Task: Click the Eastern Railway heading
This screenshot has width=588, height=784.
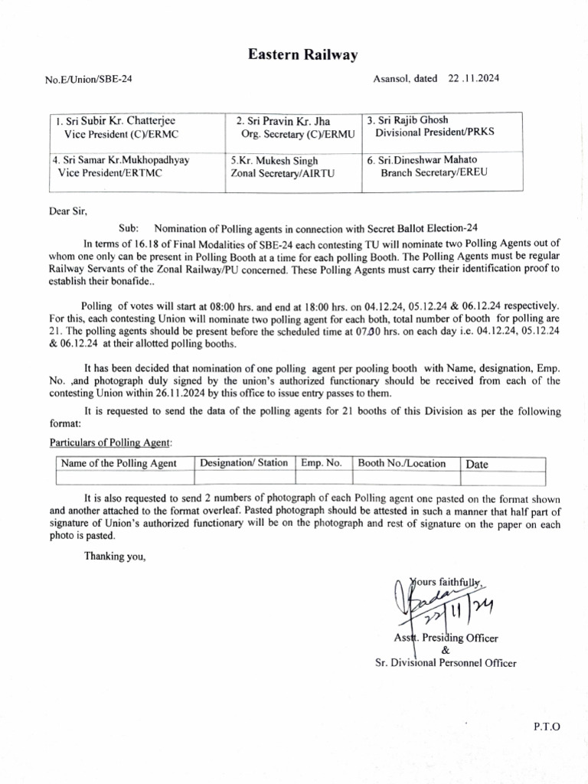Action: coord(302,54)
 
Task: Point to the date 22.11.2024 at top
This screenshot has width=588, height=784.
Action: coord(469,78)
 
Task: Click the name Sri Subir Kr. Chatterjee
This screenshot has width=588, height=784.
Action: coord(111,121)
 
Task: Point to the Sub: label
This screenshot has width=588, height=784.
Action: coord(129,228)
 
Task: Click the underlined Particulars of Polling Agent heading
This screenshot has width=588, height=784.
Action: coord(111,443)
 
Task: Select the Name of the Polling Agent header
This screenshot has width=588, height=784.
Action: coord(119,463)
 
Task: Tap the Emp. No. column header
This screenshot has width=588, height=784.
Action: coord(322,463)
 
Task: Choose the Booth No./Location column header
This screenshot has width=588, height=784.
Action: coord(402,463)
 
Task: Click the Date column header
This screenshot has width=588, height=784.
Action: coord(477,464)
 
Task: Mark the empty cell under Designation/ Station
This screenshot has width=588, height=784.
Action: coord(244,478)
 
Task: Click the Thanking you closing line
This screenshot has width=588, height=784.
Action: coord(115,557)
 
